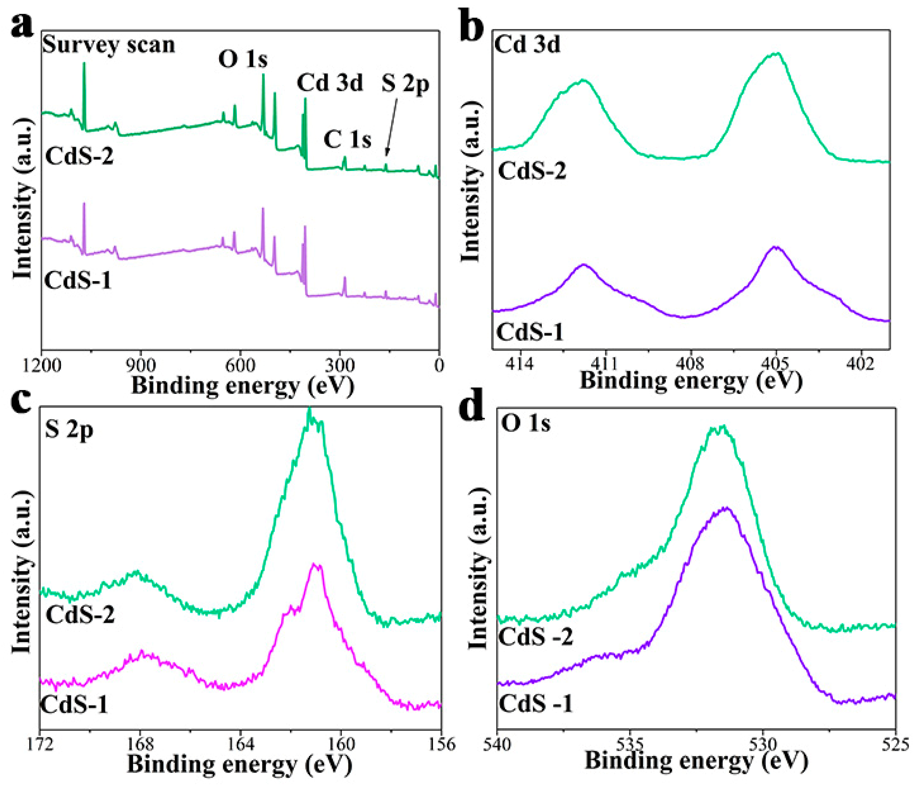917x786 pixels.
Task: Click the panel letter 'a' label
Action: coord(22,26)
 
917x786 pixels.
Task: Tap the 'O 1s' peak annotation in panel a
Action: coord(243,59)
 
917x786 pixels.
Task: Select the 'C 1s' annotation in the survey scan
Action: coord(348,140)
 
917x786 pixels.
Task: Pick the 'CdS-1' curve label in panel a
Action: coord(78,280)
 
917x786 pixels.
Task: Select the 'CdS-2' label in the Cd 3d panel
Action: coord(532,171)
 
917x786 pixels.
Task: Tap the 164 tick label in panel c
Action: coord(241,744)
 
